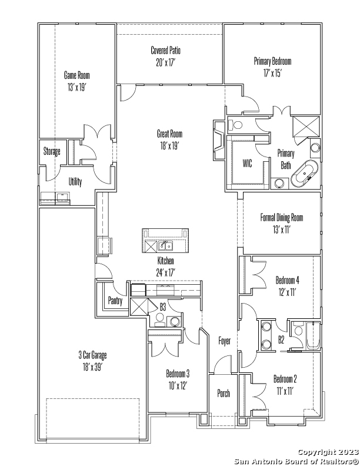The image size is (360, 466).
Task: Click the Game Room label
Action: point(76,75)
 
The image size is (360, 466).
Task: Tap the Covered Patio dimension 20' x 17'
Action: point(166,63)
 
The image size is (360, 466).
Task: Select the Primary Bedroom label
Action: point(272,61)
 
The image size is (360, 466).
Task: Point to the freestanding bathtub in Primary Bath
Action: point(305,174)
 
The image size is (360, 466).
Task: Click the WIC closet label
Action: point(247,163)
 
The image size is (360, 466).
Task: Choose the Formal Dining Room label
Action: point(282,218)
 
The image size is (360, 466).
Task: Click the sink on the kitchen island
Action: point(165,246)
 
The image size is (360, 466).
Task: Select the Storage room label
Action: point(52,151)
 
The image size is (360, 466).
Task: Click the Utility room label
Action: point(75,182)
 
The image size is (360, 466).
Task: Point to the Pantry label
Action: point(115,301)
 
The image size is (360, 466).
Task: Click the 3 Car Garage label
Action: point(93,355)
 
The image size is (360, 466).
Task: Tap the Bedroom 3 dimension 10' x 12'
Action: point(178,385)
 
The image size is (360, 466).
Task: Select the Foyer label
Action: point(224,341)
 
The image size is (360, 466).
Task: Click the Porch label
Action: point(224,393)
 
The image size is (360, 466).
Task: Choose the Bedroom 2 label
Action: point(285,379)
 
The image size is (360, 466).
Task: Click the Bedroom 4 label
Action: point(287,280)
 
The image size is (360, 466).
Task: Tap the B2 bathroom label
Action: point(281,339)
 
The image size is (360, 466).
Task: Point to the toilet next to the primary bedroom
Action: point(235,125)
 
